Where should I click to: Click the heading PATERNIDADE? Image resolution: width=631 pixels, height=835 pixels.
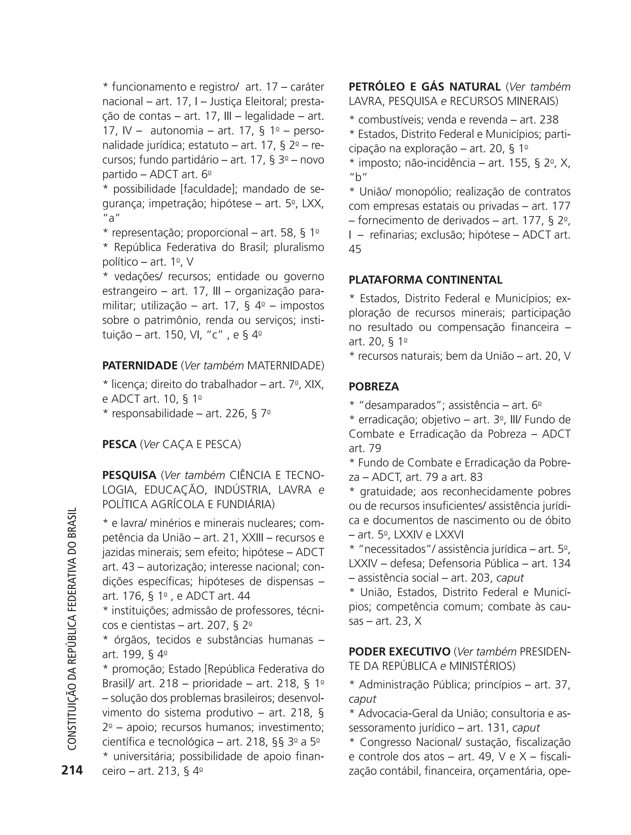pyautogui.click(x=140, y=365)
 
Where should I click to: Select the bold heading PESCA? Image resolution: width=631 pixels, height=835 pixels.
pyautogui.click(x=119, y=444)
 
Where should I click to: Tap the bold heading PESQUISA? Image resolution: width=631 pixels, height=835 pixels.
pyautogui.click(x=129, y=475)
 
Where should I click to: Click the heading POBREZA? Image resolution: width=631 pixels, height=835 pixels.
pyautogui.click(x=374, y=387)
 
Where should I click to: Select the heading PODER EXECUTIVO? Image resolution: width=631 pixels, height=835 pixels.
pyautogui.click(x=399, y=652)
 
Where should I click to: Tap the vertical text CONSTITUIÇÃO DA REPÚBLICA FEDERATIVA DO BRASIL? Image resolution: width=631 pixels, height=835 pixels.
pyautogui.click(x=72, y=628)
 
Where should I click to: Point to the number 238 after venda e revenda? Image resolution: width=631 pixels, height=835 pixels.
pyautogui.click(x=549, y=120)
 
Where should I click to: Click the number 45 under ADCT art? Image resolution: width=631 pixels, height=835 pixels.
pyautogui.click(x=355, y=249)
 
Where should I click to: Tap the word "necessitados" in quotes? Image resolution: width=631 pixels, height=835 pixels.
pyautogui.click(x=396, y=549)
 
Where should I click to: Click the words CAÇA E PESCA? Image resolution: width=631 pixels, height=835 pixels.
pyautogui.click(x=201, y=444)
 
